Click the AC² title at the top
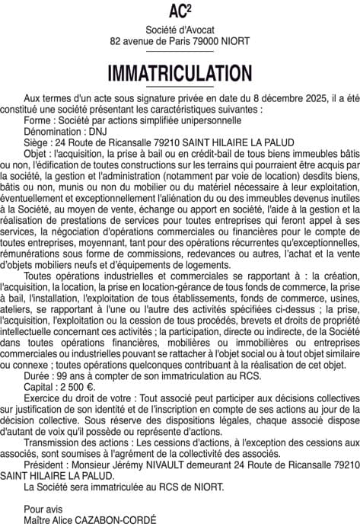tap(180, 11)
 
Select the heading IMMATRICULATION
tap(180, 73)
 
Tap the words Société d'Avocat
tap(180, 28)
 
